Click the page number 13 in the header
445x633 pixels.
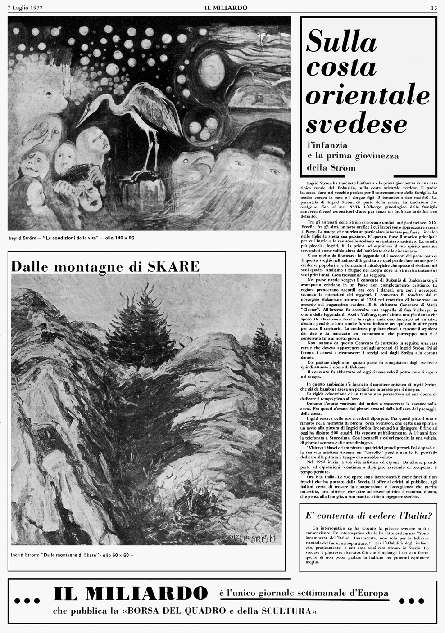point(434,8)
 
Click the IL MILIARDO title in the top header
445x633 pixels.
point(222,8)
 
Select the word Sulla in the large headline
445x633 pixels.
point(341,44)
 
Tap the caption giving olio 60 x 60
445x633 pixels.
point(72,555)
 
